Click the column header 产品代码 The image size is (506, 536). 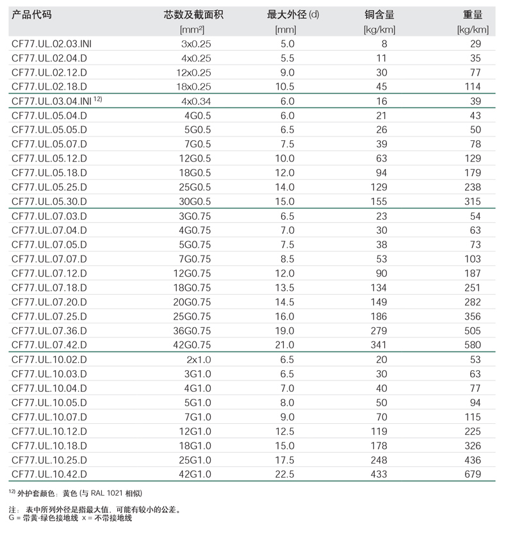[x=32, y=15]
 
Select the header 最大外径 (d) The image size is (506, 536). [x=293, y=15]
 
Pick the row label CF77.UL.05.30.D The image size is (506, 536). [x=49, y=202]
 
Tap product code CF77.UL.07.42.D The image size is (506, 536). [x=49, y=345]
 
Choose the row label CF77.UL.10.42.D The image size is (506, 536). [x=49, y=475]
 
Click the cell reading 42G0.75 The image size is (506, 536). [x=195, y=345]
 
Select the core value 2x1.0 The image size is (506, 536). [x=199, y=359]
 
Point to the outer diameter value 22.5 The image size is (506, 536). [x=286, y=475]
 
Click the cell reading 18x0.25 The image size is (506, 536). [x=193, y=87]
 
